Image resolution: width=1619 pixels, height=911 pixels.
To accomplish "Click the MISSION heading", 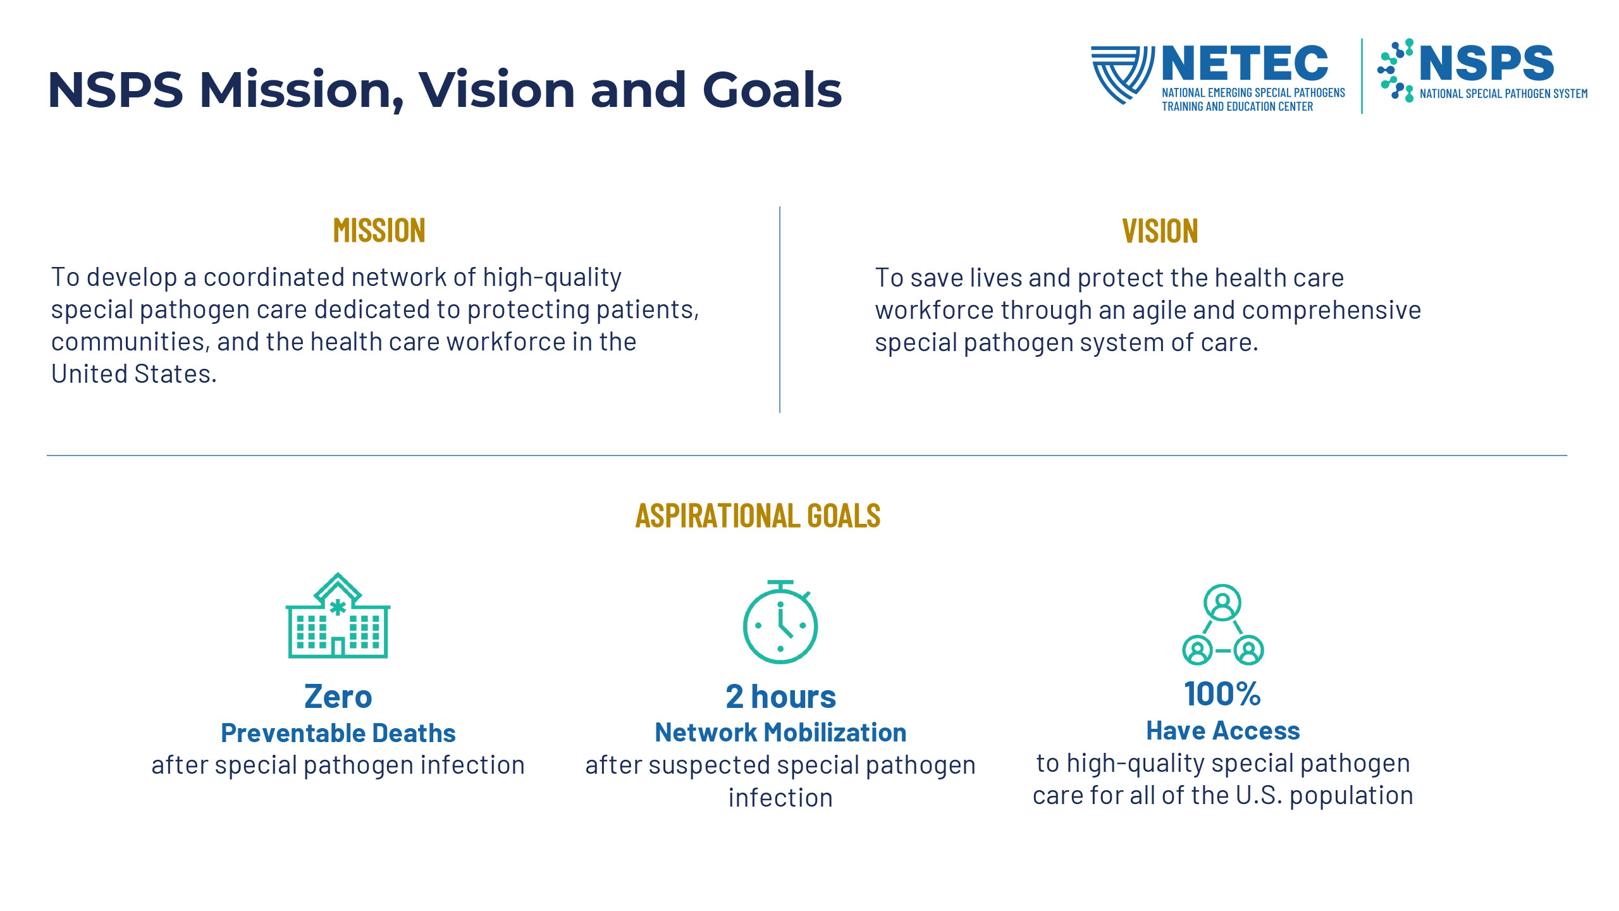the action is click(379, 230).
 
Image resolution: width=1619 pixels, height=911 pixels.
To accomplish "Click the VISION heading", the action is click(1160, 231).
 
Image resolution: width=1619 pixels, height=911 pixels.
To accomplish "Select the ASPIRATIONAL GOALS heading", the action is click(758, 516).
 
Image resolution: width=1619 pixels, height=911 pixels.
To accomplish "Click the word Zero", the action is click(338, 697).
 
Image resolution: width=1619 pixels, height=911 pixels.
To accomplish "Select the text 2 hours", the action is click(780, 697).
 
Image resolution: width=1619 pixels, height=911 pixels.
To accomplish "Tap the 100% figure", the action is click(1222, 694).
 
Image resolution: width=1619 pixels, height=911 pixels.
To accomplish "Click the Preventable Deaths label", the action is click(338, 733).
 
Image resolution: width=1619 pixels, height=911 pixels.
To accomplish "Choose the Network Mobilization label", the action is click(780, 733).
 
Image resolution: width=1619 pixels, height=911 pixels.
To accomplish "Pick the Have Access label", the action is click(1223, 731).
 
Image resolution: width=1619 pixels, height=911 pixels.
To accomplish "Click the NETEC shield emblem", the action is click(1123, 74).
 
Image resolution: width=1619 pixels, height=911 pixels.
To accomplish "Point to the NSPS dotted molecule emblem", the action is click(1396, 70).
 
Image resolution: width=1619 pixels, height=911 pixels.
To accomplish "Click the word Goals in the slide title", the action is click(772, 90).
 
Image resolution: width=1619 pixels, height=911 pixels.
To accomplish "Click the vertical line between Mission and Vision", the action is click(780, 309).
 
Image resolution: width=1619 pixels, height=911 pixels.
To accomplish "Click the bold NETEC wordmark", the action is click(1245, 63).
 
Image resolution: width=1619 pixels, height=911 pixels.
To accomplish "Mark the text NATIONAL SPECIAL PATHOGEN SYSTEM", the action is click(1503, 94).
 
